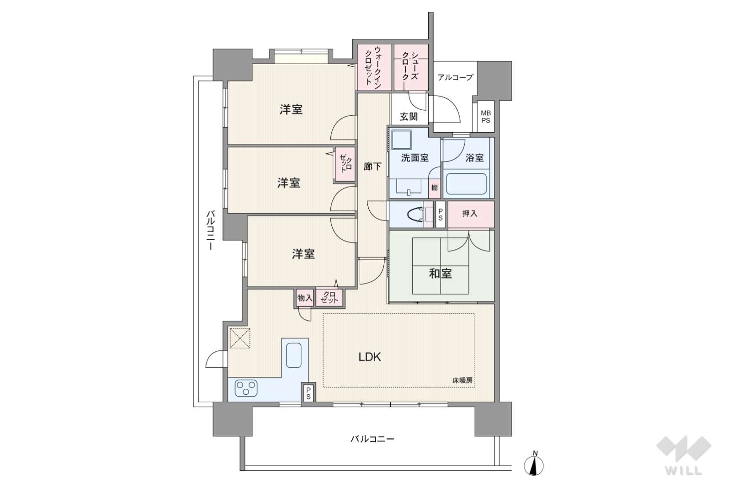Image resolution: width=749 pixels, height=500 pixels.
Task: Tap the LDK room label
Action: [370, 357]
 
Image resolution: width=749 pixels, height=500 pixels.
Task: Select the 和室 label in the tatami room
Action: [441, 274]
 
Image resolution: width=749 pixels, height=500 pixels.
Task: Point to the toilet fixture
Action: [417, 214]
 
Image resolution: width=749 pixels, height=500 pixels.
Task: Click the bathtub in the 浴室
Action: [466, 184]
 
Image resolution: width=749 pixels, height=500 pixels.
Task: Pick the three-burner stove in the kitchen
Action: [246, 388]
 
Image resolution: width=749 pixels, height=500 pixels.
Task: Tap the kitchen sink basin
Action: [293, 355]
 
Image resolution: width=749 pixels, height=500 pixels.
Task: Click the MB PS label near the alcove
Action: [485, 117]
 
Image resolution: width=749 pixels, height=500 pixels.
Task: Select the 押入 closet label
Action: [469, 214]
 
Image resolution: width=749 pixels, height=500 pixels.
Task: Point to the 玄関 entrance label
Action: [409, 117]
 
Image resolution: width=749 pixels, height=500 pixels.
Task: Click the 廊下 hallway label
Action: [372, 166]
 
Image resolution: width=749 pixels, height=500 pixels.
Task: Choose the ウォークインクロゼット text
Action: [373, 67]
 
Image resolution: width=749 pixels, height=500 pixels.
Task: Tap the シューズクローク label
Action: [410, 66]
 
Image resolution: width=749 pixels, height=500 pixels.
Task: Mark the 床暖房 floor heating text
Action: [462, 380]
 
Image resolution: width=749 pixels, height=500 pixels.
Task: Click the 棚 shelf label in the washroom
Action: [434, 188]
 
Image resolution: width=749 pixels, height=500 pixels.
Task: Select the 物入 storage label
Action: [305, 297]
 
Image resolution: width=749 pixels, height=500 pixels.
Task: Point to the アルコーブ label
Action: [455, 77]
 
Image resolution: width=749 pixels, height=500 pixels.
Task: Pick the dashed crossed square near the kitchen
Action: [240, 338]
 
